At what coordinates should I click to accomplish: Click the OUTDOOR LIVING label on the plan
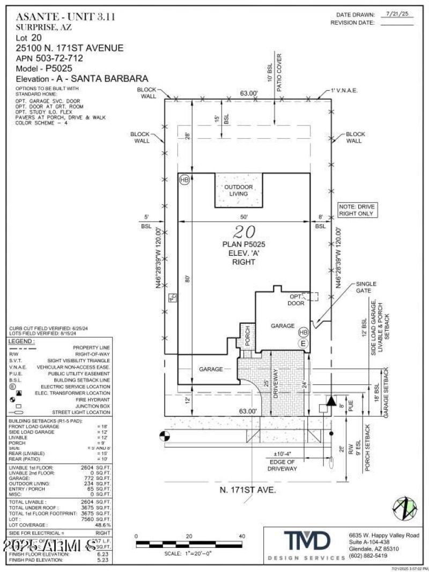[x=239, y=190]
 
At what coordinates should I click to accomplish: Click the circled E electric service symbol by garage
[x=303, y=344]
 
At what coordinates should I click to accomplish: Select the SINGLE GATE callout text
[x=366, y=287]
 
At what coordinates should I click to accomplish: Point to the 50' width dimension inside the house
[x=244, y=217]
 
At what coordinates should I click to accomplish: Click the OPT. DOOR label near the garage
[x=296, y=300]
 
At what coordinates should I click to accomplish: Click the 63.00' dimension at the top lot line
[x=249, y=93]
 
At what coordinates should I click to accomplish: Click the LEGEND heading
[x=21, y=341]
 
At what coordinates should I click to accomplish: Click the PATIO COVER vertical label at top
[x=279, y=72]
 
